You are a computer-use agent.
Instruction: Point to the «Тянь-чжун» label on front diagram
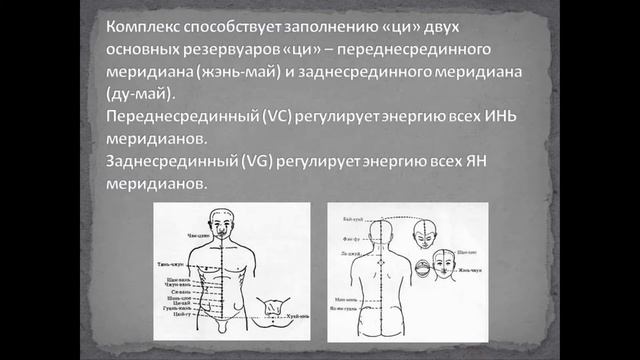point(168,264)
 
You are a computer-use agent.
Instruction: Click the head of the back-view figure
point(380,232)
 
